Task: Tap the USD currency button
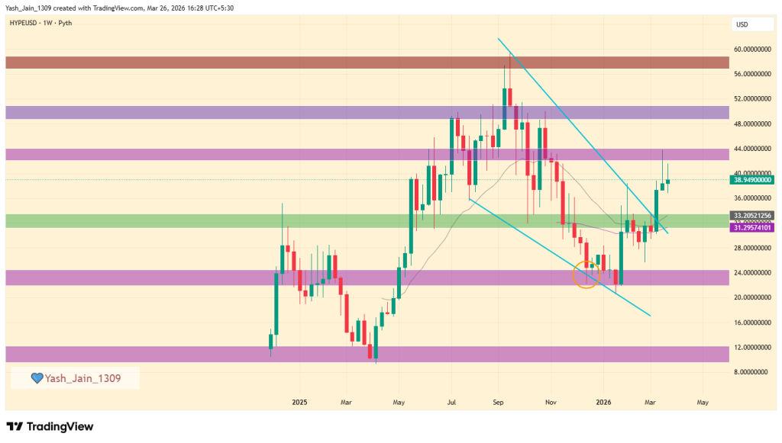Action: [x=742, y=24]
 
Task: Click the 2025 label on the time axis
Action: [x=299, y=401]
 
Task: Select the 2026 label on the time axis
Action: [x=603, y=401]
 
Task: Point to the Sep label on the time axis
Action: [x=498, y=401]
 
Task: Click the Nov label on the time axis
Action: [x=550, y=401]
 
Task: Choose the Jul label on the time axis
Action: [x=451, y=401]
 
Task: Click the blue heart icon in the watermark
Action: [x=36, y=378]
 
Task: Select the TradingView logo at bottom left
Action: [x=50, y=426]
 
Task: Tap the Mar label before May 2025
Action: [x=346, y=401]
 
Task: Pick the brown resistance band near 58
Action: [x=367, y=63]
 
